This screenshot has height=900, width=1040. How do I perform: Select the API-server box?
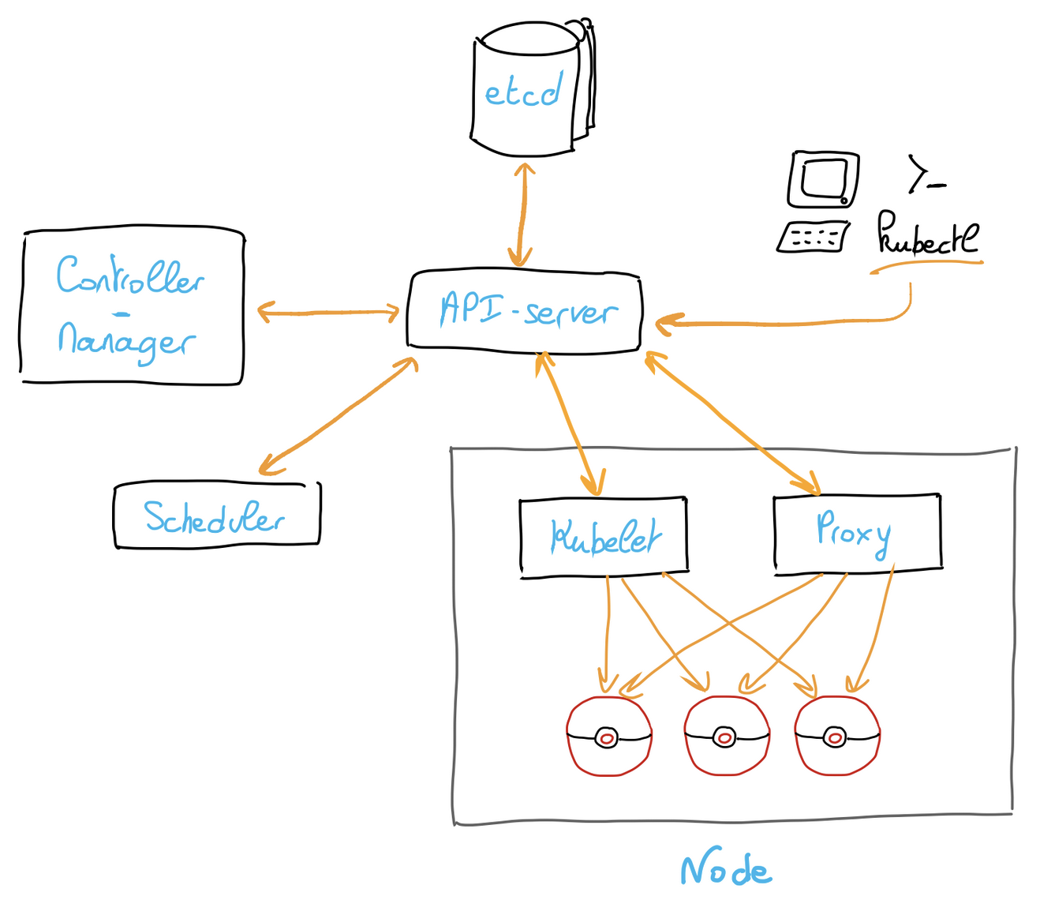coord(524,310)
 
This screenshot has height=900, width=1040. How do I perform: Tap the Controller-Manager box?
coord(132,308)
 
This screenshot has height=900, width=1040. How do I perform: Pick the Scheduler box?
coord(216,516)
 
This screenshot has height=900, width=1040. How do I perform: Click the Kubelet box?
coord(604,537)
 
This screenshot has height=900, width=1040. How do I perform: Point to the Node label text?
coord(725,869)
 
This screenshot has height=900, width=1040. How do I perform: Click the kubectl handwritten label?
coord(927,235)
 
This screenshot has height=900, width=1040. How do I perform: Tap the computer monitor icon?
coord(823,179)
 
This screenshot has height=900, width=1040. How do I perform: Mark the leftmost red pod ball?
coord(608,737)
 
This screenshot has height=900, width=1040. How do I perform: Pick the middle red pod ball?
coord(726,737)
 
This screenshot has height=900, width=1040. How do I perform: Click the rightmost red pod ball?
coord(836,737)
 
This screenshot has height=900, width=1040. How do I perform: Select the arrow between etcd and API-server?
coord(522,213)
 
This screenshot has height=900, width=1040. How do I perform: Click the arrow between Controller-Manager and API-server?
coord(327,313)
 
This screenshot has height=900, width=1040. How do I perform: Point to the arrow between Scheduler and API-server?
coord(339,415)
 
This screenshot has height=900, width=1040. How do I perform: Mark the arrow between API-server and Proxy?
coord(730,423)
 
